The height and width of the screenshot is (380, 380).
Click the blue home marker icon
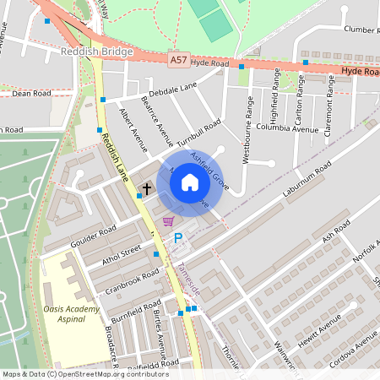190,182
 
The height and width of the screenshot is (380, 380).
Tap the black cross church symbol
146,189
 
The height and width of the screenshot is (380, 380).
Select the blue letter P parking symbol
177,238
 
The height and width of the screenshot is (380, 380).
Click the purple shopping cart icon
169,221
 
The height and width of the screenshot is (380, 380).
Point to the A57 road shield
178,61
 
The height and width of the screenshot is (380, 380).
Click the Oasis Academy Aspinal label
72,314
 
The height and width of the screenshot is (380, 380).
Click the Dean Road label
32,94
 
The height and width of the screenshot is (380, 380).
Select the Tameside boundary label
189,278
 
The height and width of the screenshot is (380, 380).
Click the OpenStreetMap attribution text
84,374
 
